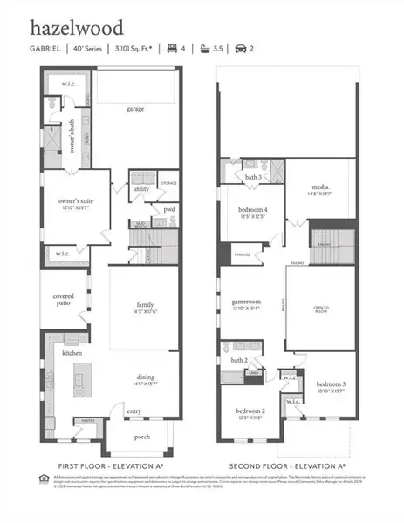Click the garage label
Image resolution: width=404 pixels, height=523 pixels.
point(134,109)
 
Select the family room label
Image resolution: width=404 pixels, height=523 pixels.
point(144,305)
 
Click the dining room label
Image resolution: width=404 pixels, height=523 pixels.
point(145,377)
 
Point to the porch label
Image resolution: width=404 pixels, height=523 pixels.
point(141,438)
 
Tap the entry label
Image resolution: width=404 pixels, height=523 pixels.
point(134,411)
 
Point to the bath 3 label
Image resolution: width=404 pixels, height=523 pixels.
point(255,177)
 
